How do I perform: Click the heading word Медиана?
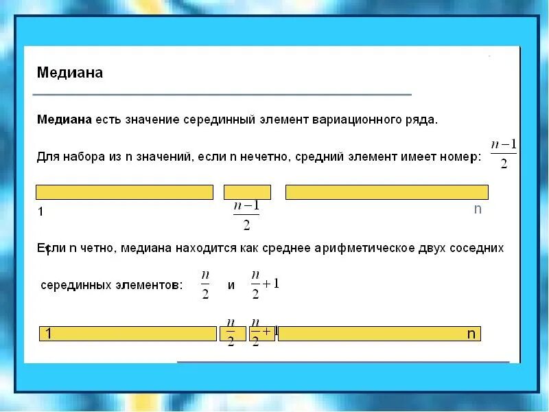click(70, 73)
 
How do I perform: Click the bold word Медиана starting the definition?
click(64, 119)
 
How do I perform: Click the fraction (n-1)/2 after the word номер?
click(503, 153)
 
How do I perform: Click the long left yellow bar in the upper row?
click(124, 192)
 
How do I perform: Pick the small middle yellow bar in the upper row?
click(247, 192)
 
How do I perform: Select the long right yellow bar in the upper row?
click(386, 192)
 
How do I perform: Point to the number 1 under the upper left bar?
click(40, 211)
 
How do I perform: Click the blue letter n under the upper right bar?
click(478, 209)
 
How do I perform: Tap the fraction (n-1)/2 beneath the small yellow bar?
click(246, 215)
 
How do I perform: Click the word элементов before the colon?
click(149, 285)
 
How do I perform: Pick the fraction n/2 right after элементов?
click(205, 284)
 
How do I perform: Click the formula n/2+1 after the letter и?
click(265, 284)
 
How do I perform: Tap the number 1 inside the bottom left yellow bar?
click(49, 334)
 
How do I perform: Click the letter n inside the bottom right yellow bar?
click(471, 334)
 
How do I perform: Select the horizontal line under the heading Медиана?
click(223, 94)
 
